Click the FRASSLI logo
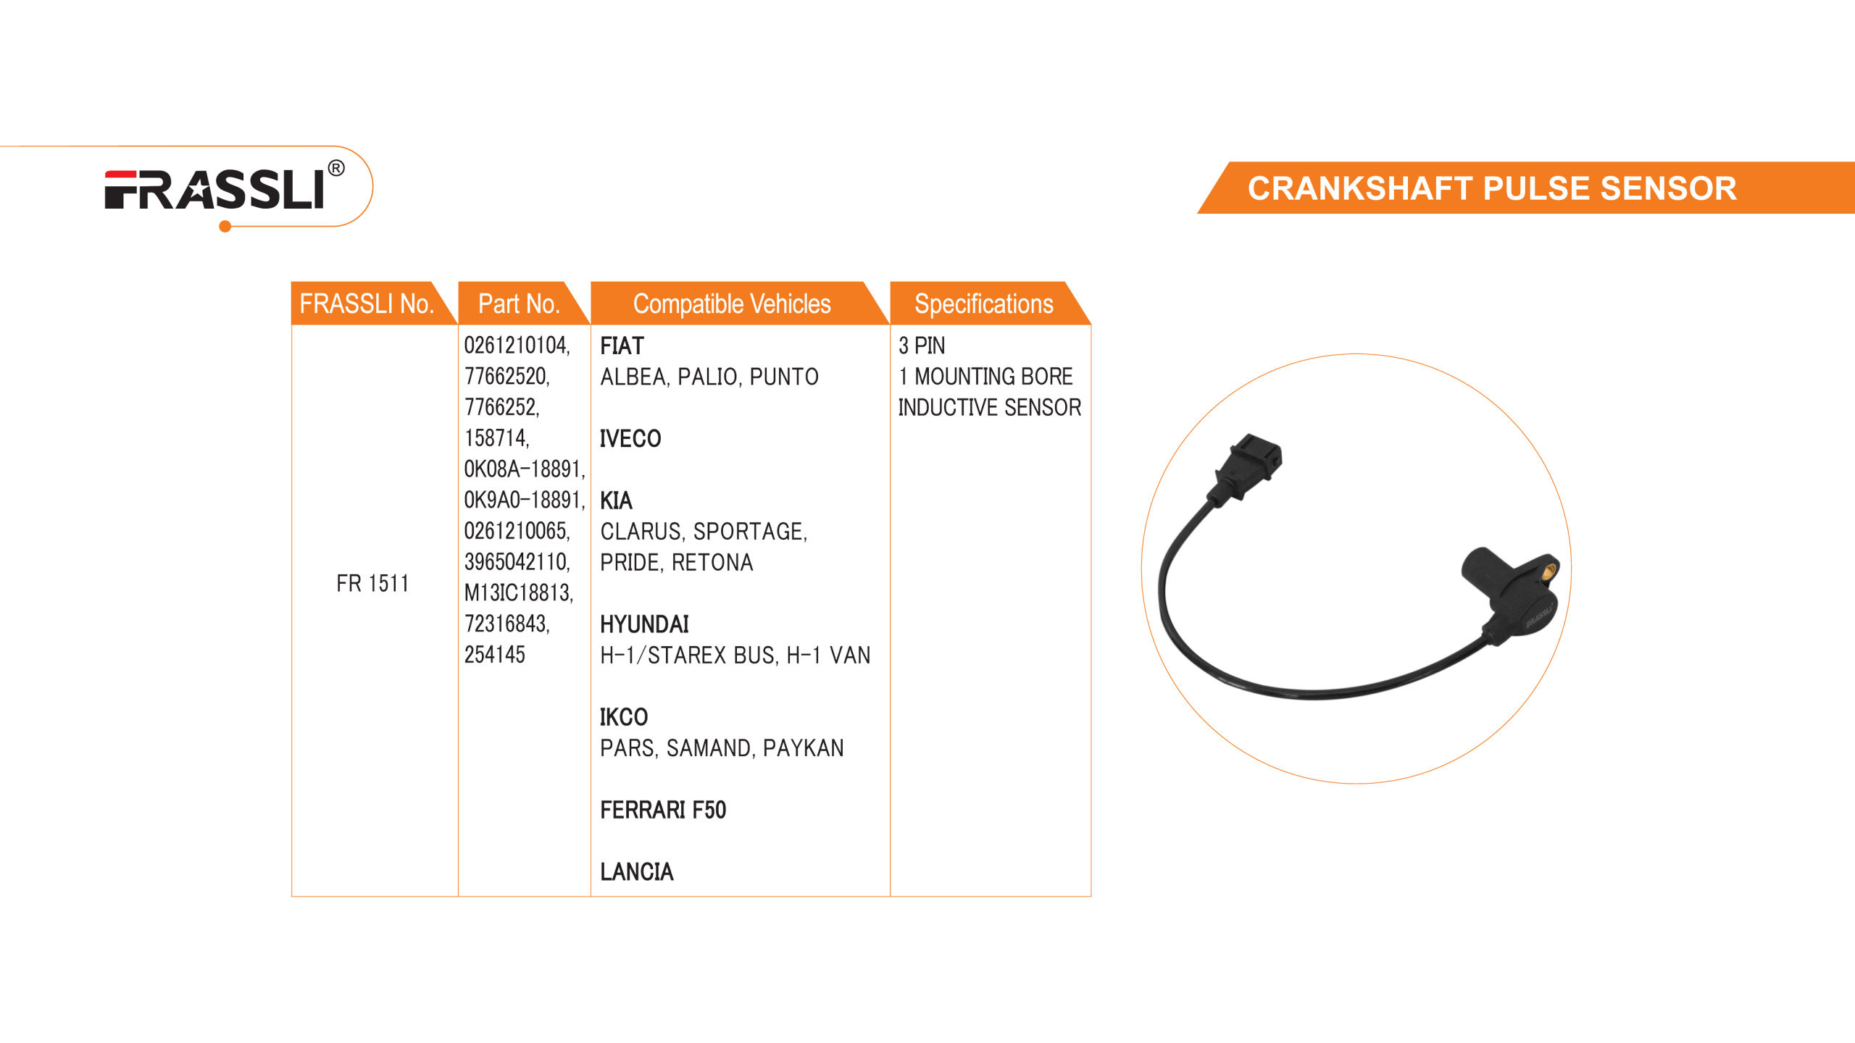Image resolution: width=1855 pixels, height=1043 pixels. pos(214,190)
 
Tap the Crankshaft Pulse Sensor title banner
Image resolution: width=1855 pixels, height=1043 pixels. pos(1491,188)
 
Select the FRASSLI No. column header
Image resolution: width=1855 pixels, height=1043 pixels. pos(367,303)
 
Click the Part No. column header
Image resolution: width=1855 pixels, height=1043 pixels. pos(519,303)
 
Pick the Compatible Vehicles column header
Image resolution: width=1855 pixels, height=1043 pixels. pos(732,303)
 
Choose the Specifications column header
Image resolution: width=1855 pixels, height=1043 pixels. pos(983,303)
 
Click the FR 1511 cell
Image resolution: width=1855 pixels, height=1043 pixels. pos(372,583)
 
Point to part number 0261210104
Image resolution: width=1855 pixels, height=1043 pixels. pos(516,345)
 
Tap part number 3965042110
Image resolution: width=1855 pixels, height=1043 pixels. pos(516,562)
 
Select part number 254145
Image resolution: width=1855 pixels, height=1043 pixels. pos(494,655)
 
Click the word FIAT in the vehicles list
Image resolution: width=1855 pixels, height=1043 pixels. pos(622,346)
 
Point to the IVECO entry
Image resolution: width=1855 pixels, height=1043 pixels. pos(630,439)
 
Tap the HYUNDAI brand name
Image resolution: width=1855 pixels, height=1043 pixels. pos(644,624)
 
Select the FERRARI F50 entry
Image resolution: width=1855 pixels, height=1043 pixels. pos(663,810)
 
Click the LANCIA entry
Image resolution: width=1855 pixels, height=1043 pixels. pos(637,872)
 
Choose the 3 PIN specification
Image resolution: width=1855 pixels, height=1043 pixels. pos(922,346)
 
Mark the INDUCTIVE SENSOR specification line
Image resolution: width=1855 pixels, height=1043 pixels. pos(989,408)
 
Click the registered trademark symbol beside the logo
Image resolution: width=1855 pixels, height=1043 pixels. pos(336,169)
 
